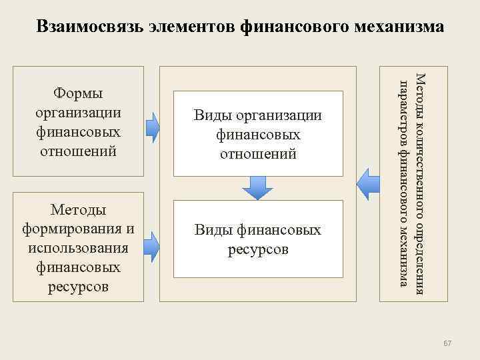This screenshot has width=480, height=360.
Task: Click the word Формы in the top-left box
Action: (78, 94)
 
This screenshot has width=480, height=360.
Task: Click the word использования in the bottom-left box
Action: (78, 248)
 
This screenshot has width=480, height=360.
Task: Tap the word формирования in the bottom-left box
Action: (78, 229)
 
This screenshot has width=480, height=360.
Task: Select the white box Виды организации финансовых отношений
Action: (257, 134)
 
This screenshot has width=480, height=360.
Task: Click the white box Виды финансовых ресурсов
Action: (257, 239)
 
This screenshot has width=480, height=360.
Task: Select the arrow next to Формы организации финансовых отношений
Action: (153, 127)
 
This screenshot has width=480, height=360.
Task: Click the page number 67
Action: (447, 343)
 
